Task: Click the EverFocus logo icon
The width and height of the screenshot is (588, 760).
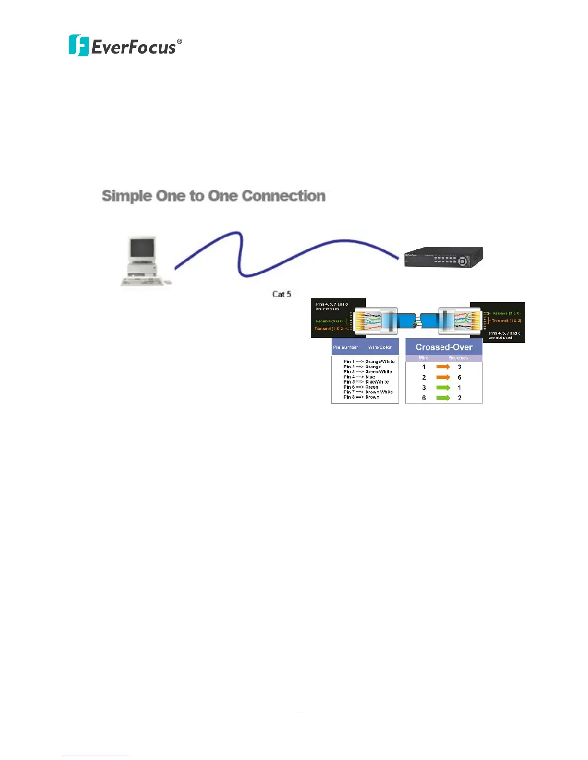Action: coord(79,46)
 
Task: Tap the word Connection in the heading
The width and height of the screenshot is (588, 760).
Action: coord(283,196)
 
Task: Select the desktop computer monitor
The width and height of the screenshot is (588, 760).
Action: coord(143,249)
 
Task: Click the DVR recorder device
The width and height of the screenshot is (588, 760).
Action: coord(443,257)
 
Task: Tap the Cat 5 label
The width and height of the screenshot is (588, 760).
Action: coord(282,294)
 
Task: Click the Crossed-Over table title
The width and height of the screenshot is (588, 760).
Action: coord(444,347)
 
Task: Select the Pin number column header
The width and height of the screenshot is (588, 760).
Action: coord(346,347)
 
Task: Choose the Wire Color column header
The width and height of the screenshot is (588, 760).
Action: coord(380,347)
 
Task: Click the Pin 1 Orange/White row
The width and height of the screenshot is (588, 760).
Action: coord(368,362)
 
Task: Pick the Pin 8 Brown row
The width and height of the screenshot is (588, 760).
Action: coord(361,397)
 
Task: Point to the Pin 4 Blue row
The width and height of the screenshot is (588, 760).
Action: coord(359,377)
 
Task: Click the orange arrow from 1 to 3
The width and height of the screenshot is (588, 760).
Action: coord(443,367)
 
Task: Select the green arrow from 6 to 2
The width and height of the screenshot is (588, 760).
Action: coord(443,398)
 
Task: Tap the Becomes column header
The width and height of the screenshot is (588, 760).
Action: coord(458,358)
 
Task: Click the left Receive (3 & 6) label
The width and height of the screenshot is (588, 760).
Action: coord(330,321)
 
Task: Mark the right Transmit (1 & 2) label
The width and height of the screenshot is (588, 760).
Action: coord(506,321)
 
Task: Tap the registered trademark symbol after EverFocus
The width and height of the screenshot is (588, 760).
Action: coord(179,42)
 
